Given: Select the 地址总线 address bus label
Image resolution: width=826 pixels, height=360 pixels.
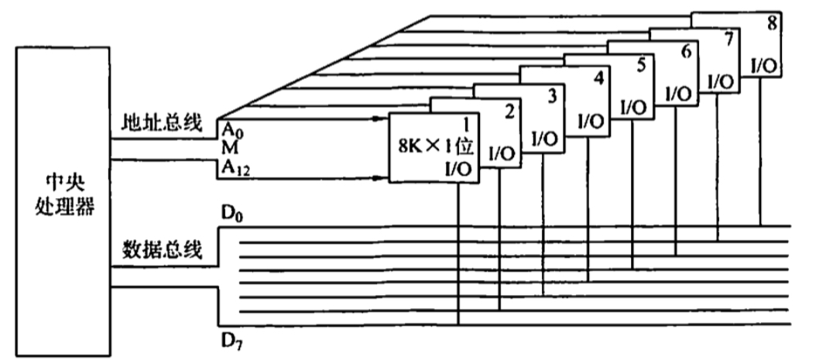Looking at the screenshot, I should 160,122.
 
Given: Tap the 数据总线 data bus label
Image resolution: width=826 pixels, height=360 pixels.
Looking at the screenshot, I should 161,249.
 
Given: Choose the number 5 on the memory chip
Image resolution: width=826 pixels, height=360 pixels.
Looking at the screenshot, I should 639,65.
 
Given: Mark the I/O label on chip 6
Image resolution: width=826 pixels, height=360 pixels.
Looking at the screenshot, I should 679,94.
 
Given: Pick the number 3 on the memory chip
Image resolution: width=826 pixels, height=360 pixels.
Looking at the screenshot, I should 552,95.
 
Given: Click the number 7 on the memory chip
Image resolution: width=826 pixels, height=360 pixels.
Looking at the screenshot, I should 725,39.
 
